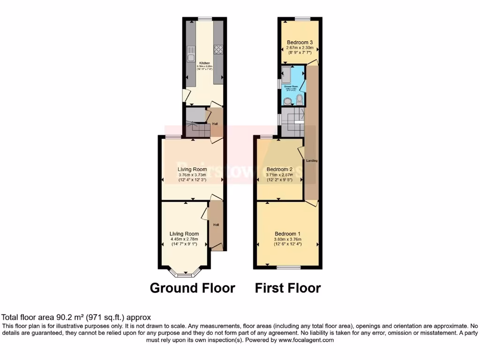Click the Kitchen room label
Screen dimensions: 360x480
point(204,63)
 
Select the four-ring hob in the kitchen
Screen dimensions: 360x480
point(218,48)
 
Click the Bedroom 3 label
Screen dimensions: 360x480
point(300,42)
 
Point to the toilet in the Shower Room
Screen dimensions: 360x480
point(300,98)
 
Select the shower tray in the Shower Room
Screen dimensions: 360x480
point(287,75)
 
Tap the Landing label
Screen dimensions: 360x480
point(312,161)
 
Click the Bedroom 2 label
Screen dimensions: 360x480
point(279,169)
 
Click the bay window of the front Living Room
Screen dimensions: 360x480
point(186,271)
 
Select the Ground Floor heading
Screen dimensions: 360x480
point(192,288)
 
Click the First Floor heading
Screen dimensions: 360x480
point(288,288)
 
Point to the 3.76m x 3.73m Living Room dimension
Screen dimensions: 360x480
point(192,175)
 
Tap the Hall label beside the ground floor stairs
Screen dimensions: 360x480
point(215,124)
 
